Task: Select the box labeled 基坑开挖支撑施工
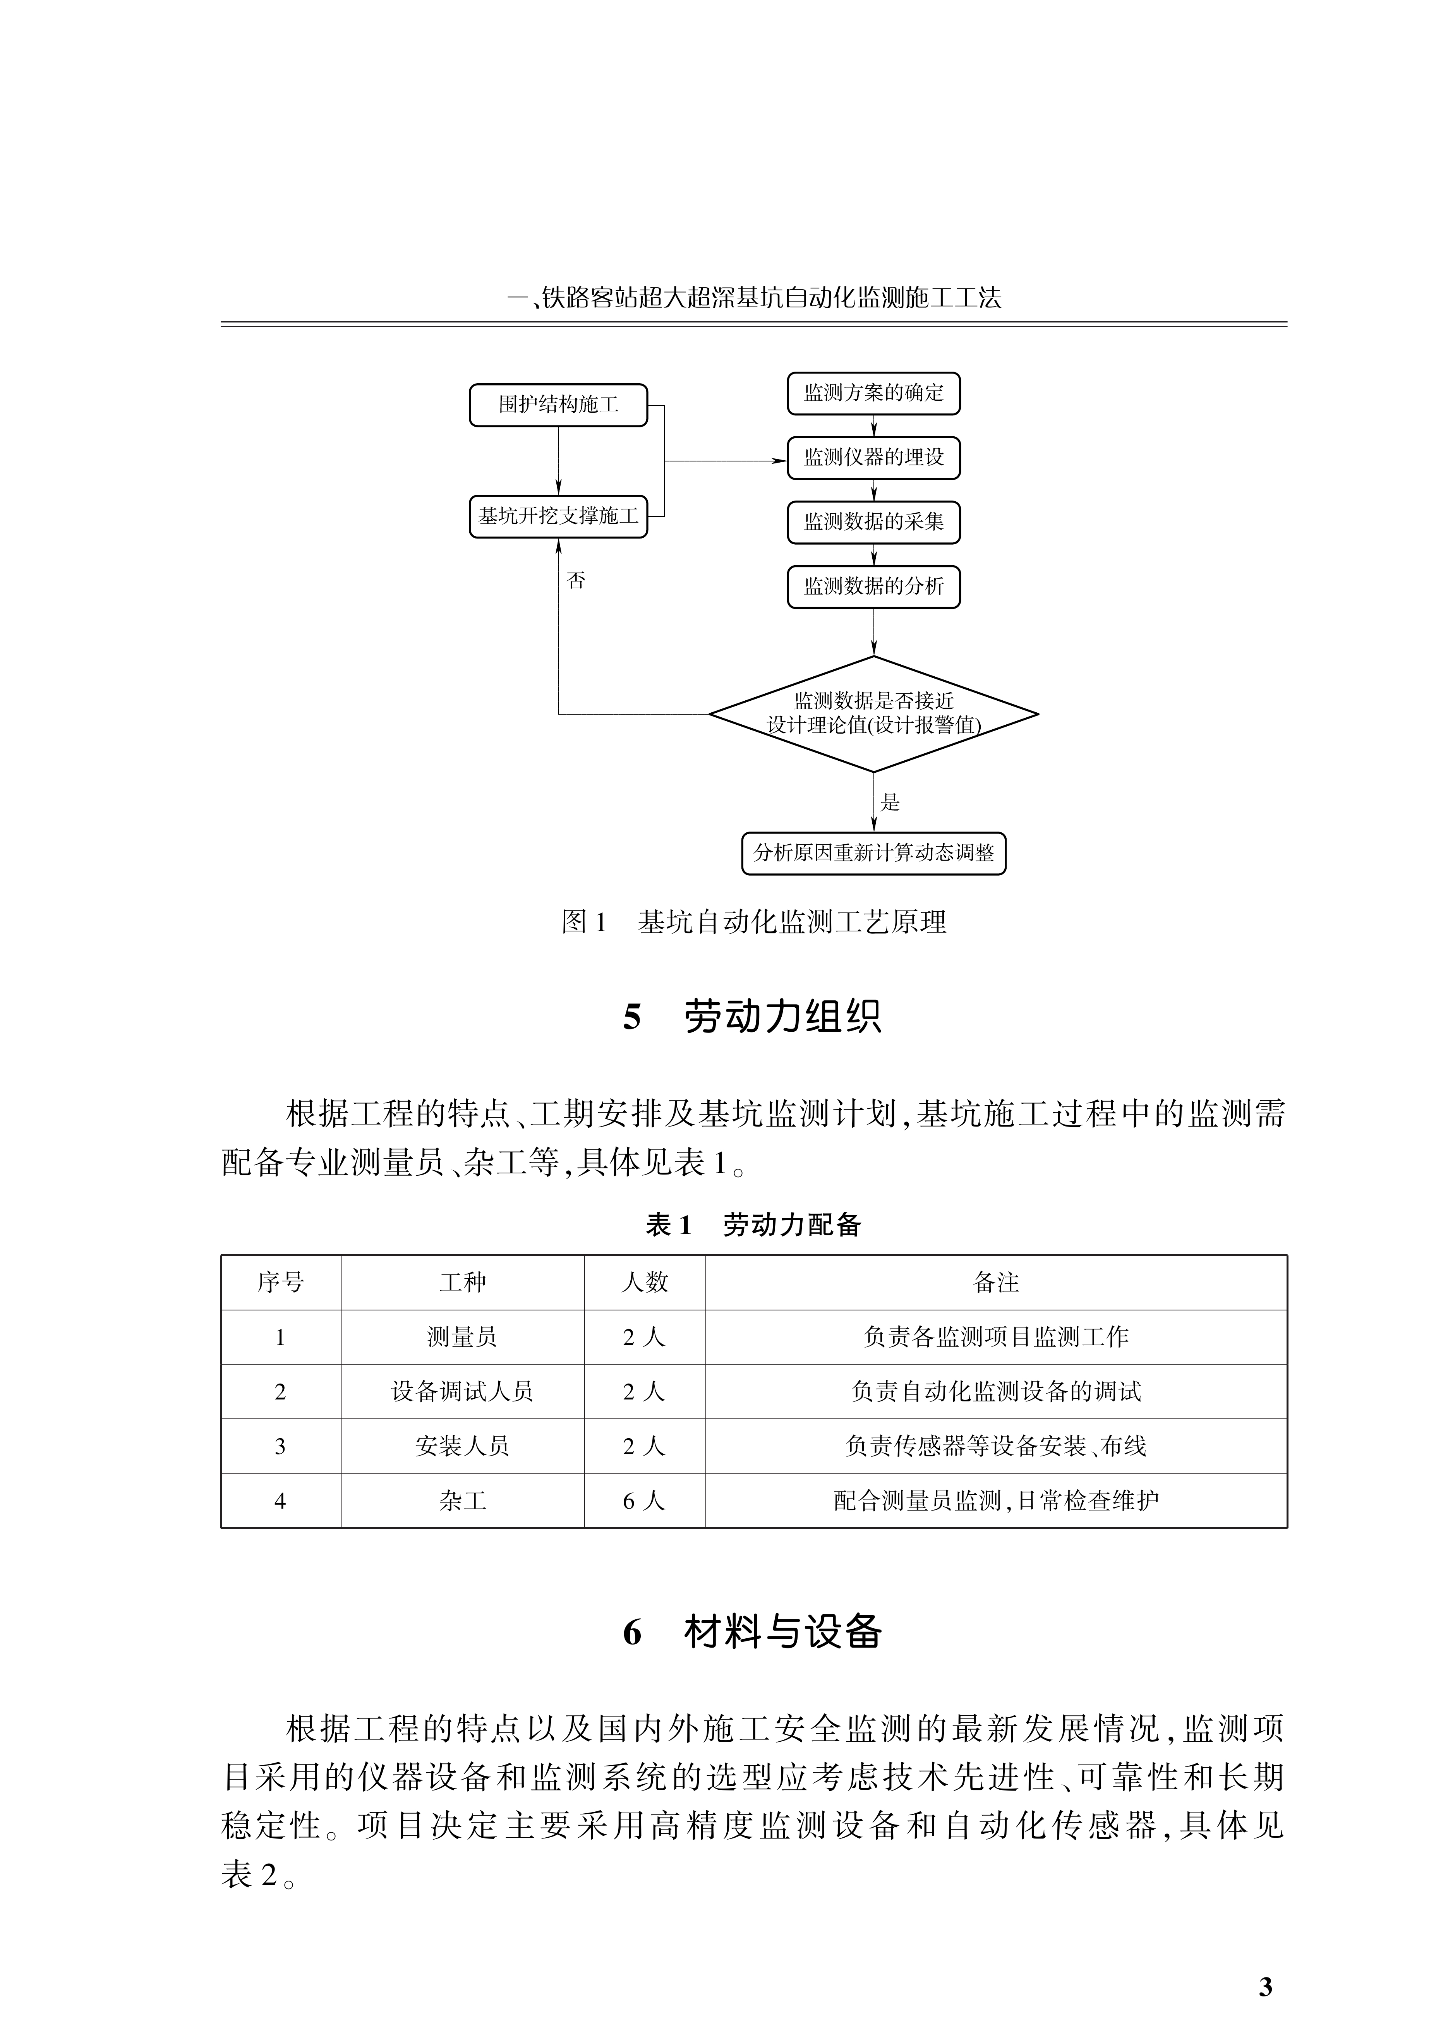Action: tap(558, 516)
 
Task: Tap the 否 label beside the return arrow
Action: tap(576, 581)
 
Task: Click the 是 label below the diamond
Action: tap(890, 802)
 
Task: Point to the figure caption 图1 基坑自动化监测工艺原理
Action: tap(753, 922)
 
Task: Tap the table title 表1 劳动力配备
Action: tap(753, 1225)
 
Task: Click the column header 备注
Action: tap(996, 1283)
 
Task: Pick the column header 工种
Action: tap(463, 1283)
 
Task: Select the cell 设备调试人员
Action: tap(463, 1391)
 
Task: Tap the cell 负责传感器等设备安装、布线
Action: tap(996, 1446)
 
